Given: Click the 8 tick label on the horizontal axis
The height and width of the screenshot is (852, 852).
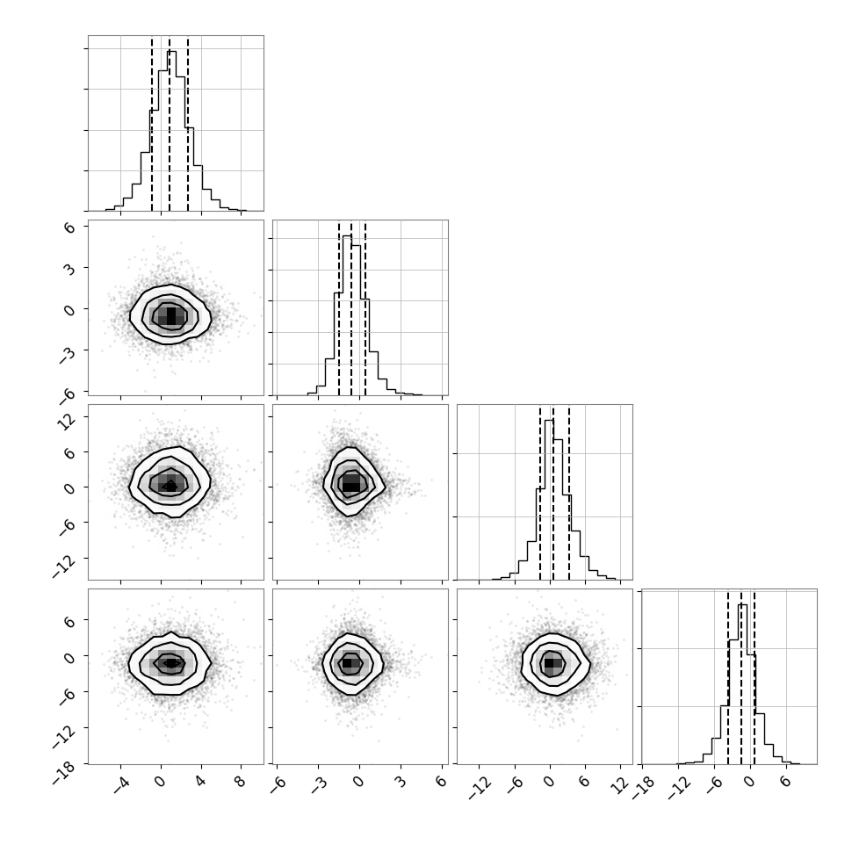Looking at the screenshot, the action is (x=240, y=782).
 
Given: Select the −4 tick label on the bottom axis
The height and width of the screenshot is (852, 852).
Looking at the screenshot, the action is (x=121, y=784).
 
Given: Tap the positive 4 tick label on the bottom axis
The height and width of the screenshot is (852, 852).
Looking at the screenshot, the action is (x=200, y=782).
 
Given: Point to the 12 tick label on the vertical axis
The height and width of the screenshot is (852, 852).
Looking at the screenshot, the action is (x=66, y=421).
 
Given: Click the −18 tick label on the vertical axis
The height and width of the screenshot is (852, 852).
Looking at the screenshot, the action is (x=64, y=774).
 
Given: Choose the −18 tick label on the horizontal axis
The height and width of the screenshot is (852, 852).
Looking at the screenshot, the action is (x=644, y=788).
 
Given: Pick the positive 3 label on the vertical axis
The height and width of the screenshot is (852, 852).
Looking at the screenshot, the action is (x=69, y=268).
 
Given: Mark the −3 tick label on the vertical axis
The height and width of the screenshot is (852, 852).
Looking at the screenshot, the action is (x=67, y=354).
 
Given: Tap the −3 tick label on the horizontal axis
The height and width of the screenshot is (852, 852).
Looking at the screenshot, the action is (x=320, y=784).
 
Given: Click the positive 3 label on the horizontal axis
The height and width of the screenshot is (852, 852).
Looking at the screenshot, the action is (x=400, y=782).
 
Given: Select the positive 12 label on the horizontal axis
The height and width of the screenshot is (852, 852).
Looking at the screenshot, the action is (x=620, y=785).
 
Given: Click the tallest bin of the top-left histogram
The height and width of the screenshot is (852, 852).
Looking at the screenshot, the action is (x=171, y=131).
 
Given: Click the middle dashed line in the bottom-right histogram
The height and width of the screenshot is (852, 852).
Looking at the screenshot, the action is (x=741, y=677).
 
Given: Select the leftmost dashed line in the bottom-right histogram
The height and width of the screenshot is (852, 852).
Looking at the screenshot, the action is (x=728, y=677).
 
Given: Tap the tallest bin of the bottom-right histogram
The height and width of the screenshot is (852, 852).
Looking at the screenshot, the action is (x=743, y=684).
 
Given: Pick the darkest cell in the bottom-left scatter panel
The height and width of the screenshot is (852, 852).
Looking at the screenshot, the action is (x=171, y=663).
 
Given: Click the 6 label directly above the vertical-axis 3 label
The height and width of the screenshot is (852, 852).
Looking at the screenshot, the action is (x=69, y=227).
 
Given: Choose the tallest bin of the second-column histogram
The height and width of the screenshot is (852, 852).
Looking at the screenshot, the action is (x=347, y=315).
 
